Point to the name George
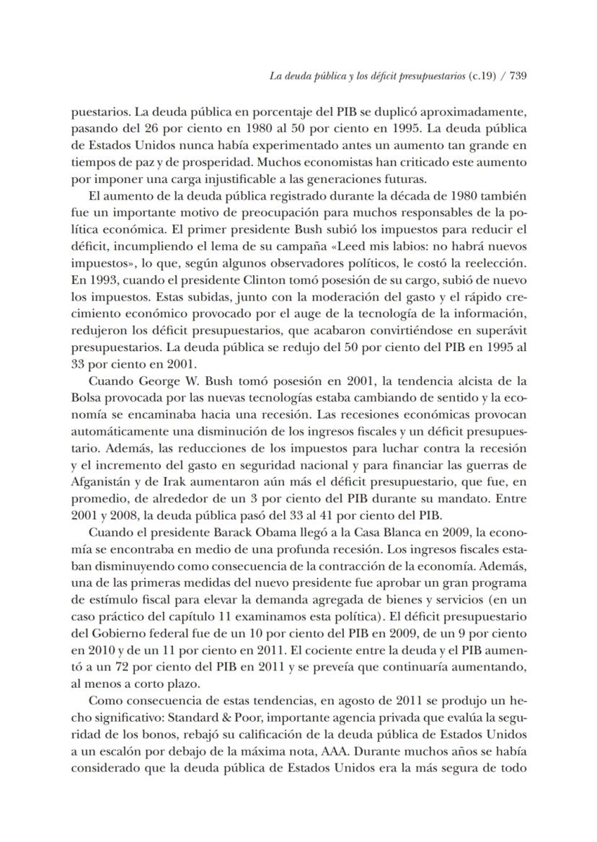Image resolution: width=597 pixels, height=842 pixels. (155, 381)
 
